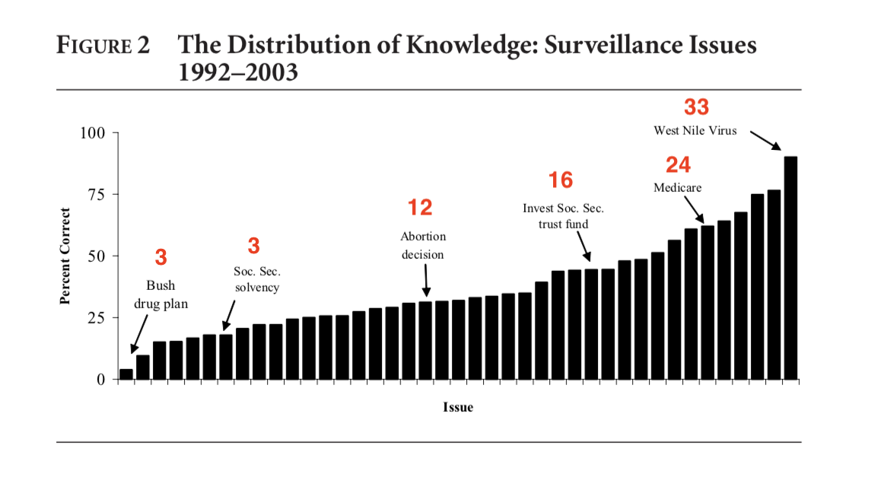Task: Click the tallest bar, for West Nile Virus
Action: tap(790, 268)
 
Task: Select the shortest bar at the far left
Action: tap(126, 374)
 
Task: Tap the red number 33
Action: tap(696, 107)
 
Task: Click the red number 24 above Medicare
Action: tap(678, 165)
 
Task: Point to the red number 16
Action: tap(561, 180)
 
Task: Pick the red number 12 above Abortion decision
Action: tap(420, 208)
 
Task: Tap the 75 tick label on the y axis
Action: tap(96, 195)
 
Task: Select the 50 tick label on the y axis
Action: tap(96, 256)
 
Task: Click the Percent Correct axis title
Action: tap(66, 256)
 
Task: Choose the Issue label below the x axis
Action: tap(458, 407)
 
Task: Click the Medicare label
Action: tap(677, 187)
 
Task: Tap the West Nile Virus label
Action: tap(695, 131)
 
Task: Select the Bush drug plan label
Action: tap(161, 294)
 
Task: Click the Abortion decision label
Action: tap(423, 245)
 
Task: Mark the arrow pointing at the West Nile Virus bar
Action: tap(765, 141)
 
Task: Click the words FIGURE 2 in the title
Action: tap(103, 46)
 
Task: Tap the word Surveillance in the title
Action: tap(577, 45)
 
